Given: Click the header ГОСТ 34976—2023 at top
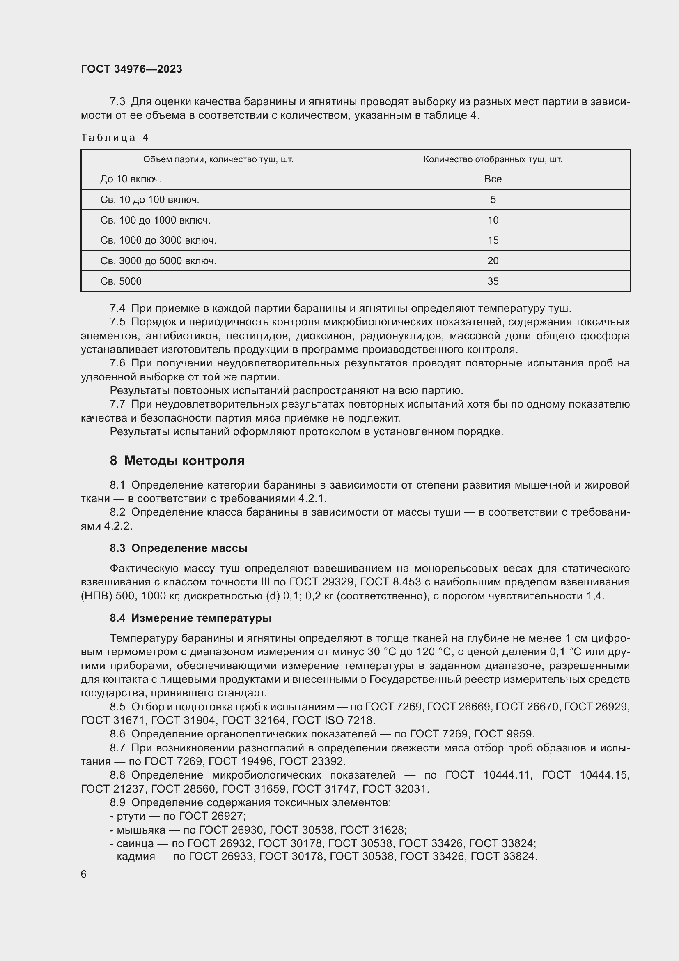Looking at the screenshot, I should coord(131,69).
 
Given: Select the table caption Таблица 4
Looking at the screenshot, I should coord(115,138).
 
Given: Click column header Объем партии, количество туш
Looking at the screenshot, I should coord(218,159).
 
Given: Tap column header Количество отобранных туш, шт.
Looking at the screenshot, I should coord(493,159).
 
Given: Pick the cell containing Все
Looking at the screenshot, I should coord(493,179).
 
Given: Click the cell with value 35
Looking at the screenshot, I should coord(493,281).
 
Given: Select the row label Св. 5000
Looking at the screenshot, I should coord(121,281).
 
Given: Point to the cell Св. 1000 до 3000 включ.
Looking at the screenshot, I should coord(158,240).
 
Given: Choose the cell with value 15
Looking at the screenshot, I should coord(493,240).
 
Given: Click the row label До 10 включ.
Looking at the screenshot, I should coord(131,179).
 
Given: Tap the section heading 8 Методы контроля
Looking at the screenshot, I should coord(177,461).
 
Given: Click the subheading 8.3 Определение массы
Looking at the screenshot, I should coord(179,548).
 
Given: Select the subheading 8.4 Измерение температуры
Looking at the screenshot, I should coord(190,618).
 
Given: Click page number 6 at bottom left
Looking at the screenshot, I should coord(84,874).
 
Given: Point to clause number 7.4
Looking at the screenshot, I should coord(117,309).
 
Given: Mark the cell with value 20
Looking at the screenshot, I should coord(493,261).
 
